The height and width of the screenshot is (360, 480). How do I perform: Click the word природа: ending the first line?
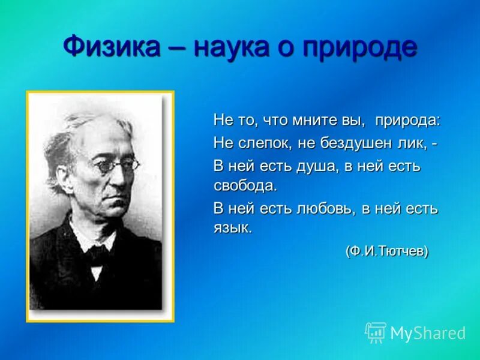[407, 121]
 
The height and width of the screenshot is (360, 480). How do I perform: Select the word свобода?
[245, 185]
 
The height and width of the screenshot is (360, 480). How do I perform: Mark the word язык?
[233, 228]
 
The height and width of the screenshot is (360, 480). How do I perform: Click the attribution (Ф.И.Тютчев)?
[386, 251]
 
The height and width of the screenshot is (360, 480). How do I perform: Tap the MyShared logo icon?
[376, 332]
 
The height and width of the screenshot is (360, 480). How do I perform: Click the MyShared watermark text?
[428, 333]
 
